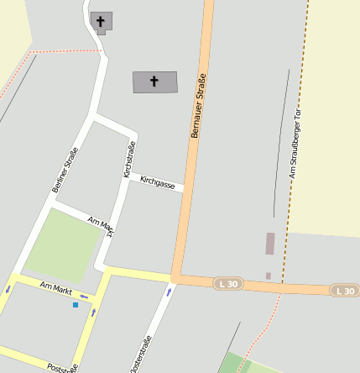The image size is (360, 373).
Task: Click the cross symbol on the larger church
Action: pyautogui.click(x=154, y=81)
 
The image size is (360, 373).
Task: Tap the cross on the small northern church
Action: pyautogui.click(x=102, y=21)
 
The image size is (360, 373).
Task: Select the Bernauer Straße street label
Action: pyautogui.click(x=198, y=106)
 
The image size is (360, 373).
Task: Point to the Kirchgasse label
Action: pyautogui.click(x=158, y=181)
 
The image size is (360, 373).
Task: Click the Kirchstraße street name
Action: pyautogui.click(x=129, y=160)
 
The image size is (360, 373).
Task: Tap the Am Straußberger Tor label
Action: pyautogui.click(x=294, y=146)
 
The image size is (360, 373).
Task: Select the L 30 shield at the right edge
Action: pyautogui.click(x=345, y=291)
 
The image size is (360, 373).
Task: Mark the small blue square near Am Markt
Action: pyautogui.click(x=76, y=305)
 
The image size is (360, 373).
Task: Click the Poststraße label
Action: pyautogui.click(x=63, y=367)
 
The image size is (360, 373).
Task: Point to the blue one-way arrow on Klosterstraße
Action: pyautogui.click(x=169, y=292)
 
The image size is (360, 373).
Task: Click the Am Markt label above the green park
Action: pyautogui.click(x=102, y=223)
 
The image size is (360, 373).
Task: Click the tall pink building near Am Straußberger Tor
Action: pyautogui.click(x=270, y=244)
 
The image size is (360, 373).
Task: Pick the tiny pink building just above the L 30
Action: pyautogui.click(x=269, y=276)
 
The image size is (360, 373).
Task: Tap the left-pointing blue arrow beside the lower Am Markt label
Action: pyautogui.click(x=84, y=296)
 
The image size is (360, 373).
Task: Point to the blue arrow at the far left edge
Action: pyautogui.click(x=8, y=289)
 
